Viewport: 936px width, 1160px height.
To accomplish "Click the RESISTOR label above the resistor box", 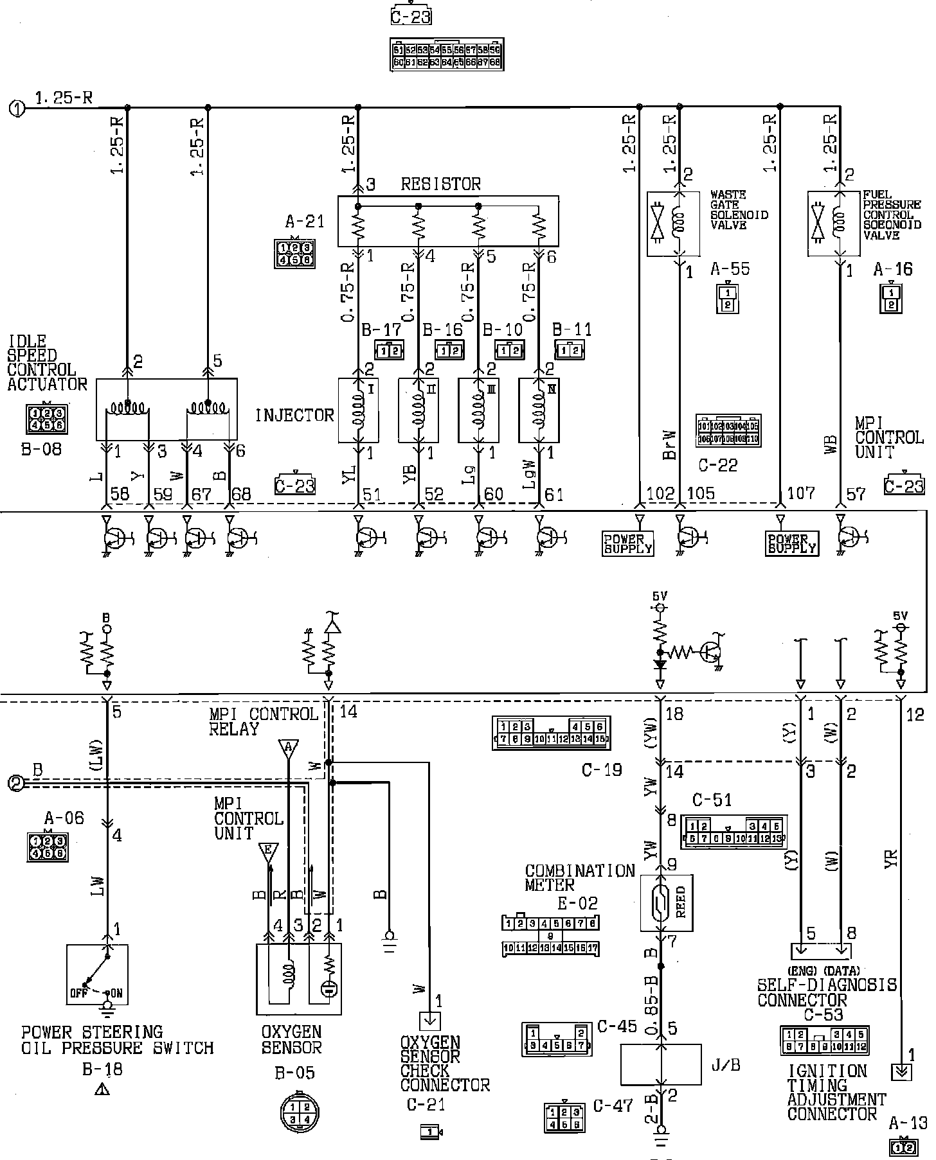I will [440, 184].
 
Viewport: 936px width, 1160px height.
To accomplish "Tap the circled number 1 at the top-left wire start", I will [17, 109].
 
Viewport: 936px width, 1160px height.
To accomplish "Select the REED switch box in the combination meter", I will [666, 902].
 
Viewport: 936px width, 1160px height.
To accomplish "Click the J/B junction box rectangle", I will [660, 1064].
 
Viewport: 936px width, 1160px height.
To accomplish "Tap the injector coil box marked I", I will [358, 410].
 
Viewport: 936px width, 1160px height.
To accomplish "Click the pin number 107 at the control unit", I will [800, 493].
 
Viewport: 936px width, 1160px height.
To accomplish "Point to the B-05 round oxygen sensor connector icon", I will [300, 1112].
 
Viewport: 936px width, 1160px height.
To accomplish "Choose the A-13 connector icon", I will [909, 1147].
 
